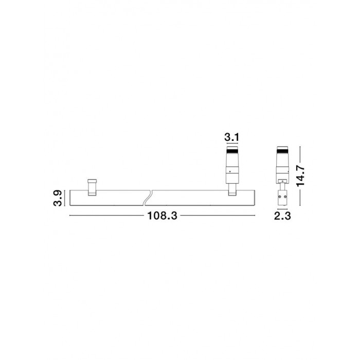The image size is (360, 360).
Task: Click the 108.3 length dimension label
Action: click(162, 216)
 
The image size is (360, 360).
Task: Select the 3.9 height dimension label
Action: click(58, 198)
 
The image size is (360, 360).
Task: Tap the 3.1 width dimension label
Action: click(231, 137)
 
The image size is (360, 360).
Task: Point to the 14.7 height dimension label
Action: click(300, 176)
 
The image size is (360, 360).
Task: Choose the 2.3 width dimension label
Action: click(282, 216)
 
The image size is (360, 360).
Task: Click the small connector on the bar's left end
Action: click(92, 187)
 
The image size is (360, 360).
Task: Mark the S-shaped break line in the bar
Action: click(147, 197)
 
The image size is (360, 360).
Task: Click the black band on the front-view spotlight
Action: click(232, 151)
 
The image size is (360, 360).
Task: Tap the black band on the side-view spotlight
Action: click(282, 151)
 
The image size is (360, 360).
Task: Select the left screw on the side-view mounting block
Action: click(279, 197)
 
